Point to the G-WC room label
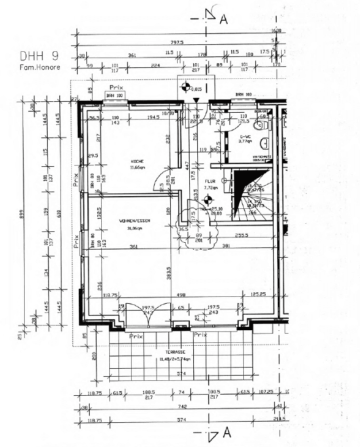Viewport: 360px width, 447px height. (246, 137)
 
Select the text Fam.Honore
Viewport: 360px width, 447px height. (40, 67)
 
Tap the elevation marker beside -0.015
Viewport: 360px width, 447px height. (185, 88)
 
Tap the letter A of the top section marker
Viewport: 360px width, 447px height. (224, 19)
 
